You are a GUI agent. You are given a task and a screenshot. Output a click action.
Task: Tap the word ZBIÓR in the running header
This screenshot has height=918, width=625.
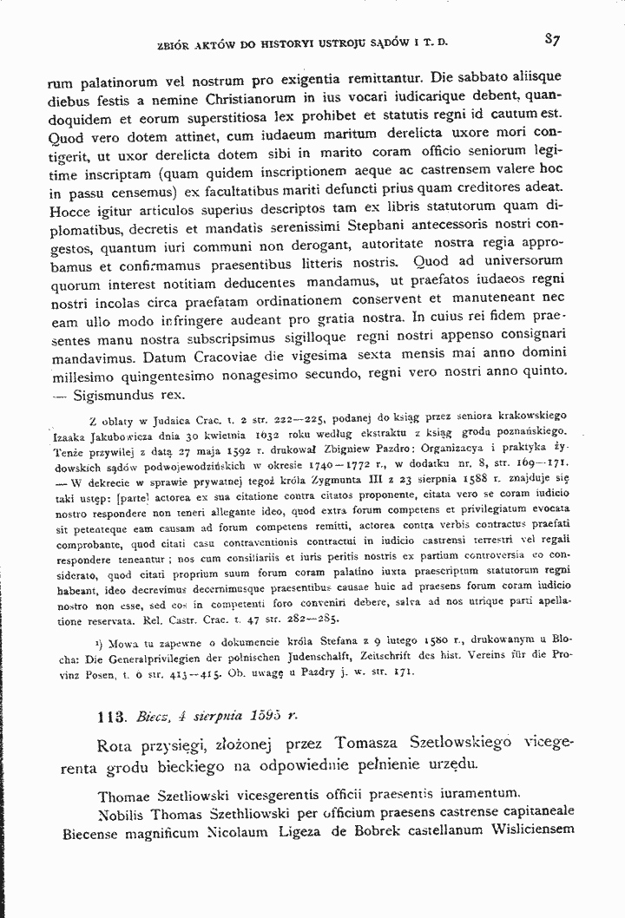point(174,41)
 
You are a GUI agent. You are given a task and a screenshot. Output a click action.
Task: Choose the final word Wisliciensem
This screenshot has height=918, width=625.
point(527,830)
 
